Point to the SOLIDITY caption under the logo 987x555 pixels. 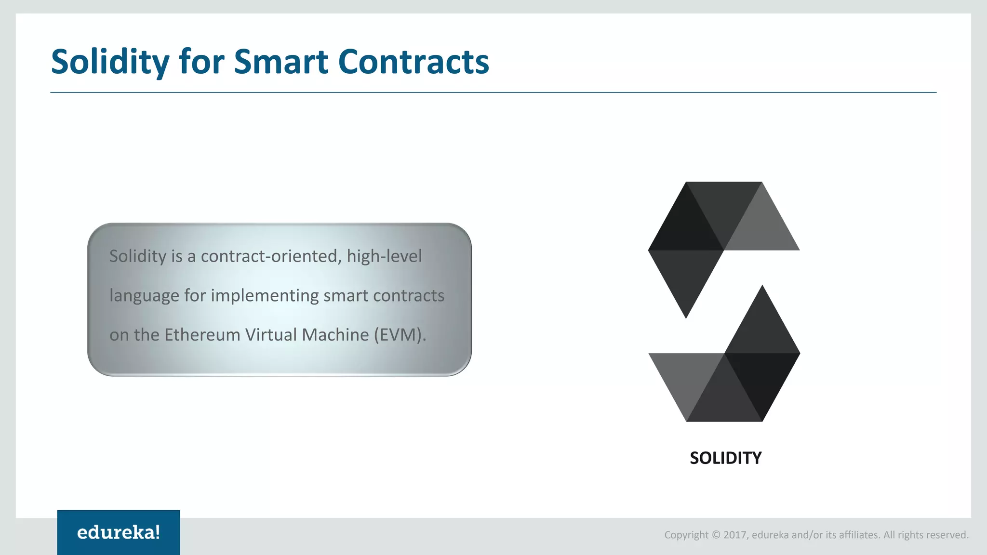click(725, 458)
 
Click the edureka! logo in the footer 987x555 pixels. click(119, 532)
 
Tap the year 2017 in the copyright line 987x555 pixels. click(735, 535)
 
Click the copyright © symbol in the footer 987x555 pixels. click(716, 535)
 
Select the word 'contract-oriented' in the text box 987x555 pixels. click(271, 256)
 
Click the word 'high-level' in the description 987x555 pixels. click(384, 256)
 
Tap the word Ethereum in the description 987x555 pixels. click(202, 335)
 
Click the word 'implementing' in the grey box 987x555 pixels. click(265, 295)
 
